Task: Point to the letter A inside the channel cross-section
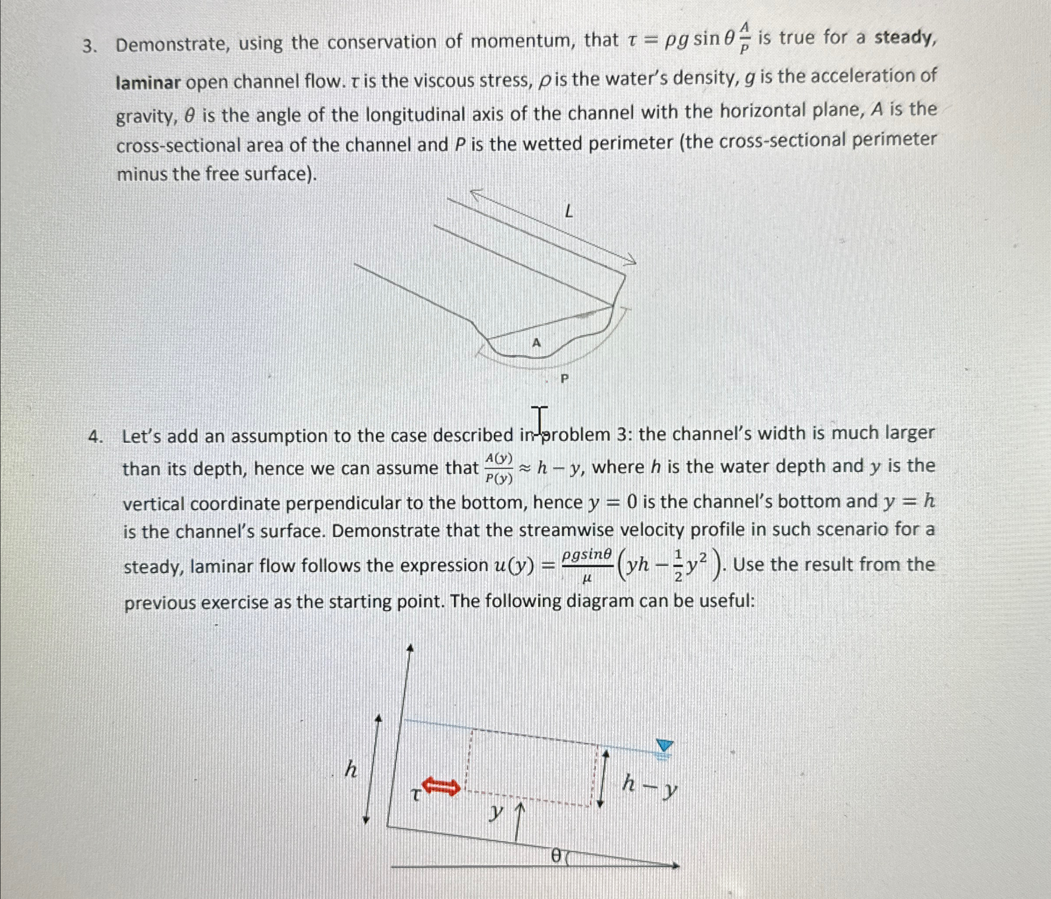[x=536, y=343]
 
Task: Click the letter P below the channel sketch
[x=566, y=378]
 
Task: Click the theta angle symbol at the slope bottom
[x=556, y=856]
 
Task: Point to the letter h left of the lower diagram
[x=350, y=771]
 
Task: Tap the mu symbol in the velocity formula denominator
[x=587, y=578]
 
